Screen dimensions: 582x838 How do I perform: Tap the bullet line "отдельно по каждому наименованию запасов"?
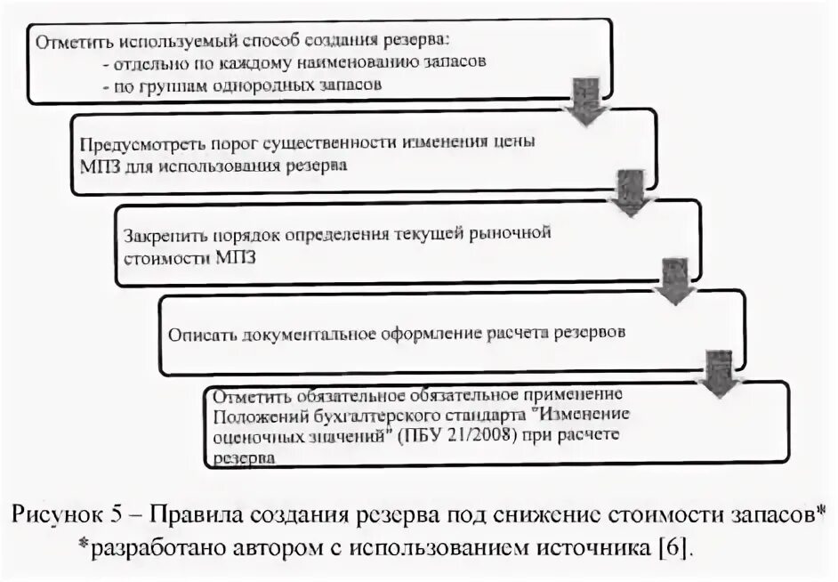click(294, 64)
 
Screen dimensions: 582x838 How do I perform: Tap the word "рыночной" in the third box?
click(511, 234)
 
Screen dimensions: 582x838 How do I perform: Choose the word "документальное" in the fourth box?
click(302, 335)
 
